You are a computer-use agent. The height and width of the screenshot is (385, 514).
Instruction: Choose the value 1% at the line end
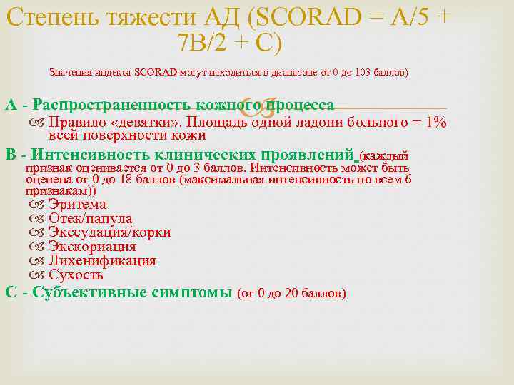coord(434,122)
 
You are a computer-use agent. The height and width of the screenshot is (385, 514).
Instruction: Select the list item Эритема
coord(77,205)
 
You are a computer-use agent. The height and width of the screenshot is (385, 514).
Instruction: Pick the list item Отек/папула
coord(90,219)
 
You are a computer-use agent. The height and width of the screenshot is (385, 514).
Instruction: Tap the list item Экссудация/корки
coord(109,232)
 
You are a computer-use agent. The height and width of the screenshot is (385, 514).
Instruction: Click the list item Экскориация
coord(92,247)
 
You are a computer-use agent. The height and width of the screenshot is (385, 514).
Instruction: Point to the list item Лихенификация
coord(102,261)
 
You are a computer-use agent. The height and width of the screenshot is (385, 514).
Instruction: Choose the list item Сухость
coord(76,275)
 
